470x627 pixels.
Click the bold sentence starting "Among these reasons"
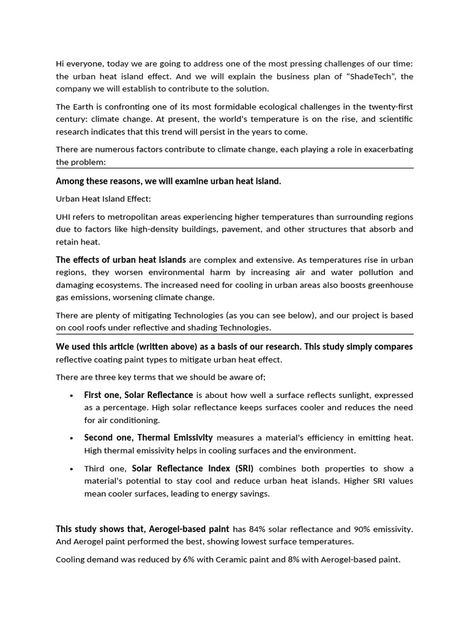coord(168,181)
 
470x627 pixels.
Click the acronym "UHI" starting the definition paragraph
coord(64,217)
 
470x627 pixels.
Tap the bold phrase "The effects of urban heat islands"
coord(121,260)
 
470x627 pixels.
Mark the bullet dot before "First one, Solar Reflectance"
coord(72,396)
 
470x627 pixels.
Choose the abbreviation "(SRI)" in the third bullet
coord(242,468)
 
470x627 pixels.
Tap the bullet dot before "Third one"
coord(72,469)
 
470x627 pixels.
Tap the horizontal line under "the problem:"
coord(234,168)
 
